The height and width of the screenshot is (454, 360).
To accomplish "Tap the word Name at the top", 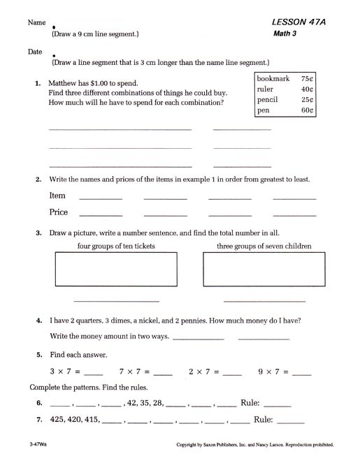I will pyautogui.click(x=36, y=22).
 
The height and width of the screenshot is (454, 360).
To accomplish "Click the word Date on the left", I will pyautogui.click(x=35, y=52).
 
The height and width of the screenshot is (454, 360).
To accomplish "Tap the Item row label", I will pyautogui.click(x=57, y=196).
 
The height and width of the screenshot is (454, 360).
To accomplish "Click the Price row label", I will pyautogui.click(x=59, y=212).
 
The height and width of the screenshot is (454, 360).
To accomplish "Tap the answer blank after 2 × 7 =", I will pyautogui.click(x=231, y=372).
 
